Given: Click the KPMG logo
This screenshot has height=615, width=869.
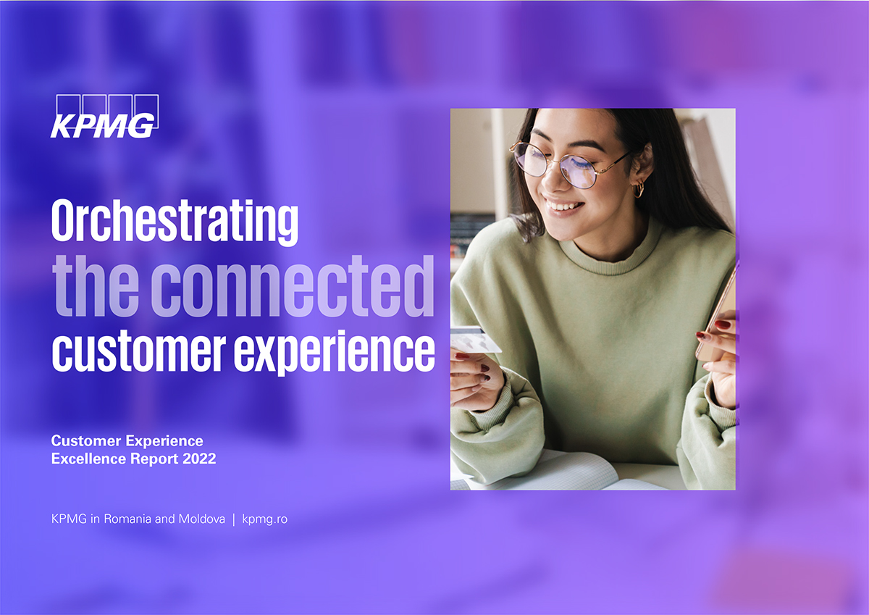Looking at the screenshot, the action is (x=104, y=116).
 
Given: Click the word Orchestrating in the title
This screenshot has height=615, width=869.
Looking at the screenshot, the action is (x=175, y=222).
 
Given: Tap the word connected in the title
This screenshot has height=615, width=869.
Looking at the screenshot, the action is (x=293, y=286).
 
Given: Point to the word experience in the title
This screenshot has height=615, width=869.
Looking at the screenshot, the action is (x=334, y=353).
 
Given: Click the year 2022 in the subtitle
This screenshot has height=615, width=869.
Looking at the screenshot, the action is (x=199, y=459).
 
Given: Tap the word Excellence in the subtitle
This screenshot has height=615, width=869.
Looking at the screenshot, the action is (x=88, y=459).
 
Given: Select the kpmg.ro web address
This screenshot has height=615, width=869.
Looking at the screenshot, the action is (x=264, y=519).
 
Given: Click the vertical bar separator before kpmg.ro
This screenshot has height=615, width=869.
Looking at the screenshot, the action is (x=233, y=519).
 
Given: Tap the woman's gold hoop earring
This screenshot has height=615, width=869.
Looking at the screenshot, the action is (x=638, y=189).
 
